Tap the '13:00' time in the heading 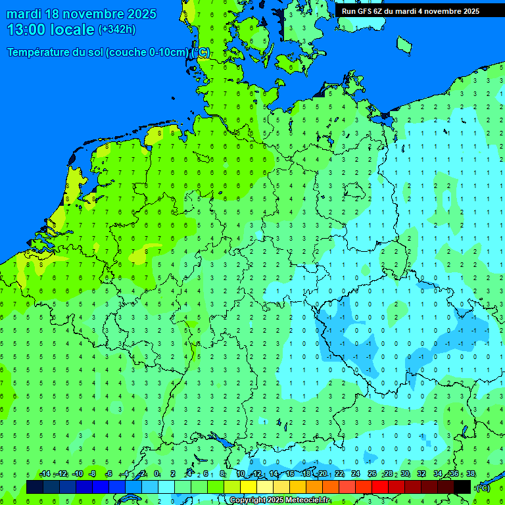point(29,30)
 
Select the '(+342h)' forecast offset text point(117,30)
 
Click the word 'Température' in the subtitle point(41,53)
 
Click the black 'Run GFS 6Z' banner point(410,11)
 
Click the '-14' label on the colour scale point(45,473)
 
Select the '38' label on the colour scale point(471,473)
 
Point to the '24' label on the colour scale point(356,473)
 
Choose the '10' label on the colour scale point(241,473)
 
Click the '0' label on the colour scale point(157,473)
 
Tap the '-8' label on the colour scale point(93,473)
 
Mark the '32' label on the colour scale point(421,473)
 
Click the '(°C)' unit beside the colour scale point(483,487)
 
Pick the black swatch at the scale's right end point(462,487)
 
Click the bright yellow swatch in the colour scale point(249,487)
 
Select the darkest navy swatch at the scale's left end point(35,487)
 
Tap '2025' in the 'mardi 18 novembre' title point(142,14)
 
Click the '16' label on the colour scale point(290,473)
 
